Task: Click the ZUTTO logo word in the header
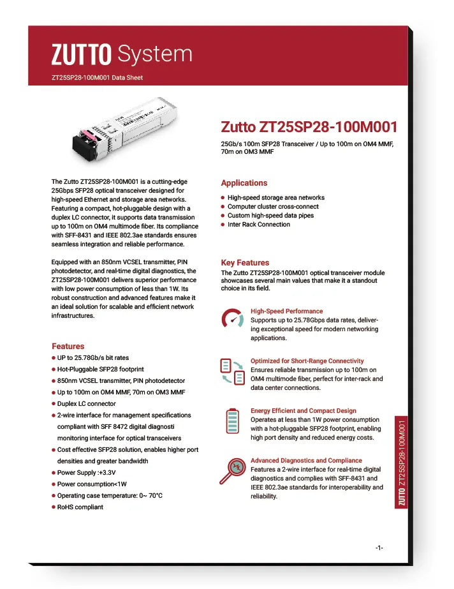pos(81,55)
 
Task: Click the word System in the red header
pos(155,55)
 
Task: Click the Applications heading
pos(244,183)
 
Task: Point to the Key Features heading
pos(245,263)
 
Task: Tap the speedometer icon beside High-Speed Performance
pos(232,320)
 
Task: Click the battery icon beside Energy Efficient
pos(232,421)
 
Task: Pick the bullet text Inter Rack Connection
pos(258,225)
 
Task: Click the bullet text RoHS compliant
pos(80,507)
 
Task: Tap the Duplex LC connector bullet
pos(87,404)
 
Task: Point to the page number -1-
pos(379,548)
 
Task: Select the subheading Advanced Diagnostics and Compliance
pos(306,461)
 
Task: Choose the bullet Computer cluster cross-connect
pos(273,207)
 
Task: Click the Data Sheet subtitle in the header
pos(97,78)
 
